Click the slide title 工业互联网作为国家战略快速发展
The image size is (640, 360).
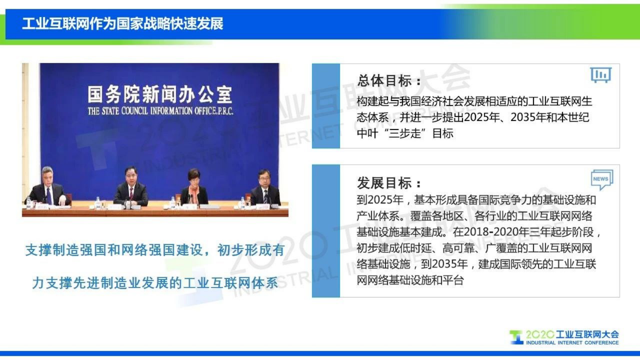(x=123, y=24)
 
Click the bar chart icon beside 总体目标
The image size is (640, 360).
(x=600, y=75)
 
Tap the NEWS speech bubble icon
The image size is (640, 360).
(x=601, y=179)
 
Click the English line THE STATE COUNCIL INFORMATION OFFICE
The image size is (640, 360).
(x=160, y=111)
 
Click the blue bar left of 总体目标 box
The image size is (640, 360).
(x=326, y=106)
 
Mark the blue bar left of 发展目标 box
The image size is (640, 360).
(x=326, y=231)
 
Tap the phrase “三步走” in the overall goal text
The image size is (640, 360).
(x=404, y=134)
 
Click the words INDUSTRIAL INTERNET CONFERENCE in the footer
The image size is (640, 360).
(x=572, y=343)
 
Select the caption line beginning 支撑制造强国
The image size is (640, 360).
(x=155, y=250)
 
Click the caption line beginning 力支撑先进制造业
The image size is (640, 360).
(x=155, y=283)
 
